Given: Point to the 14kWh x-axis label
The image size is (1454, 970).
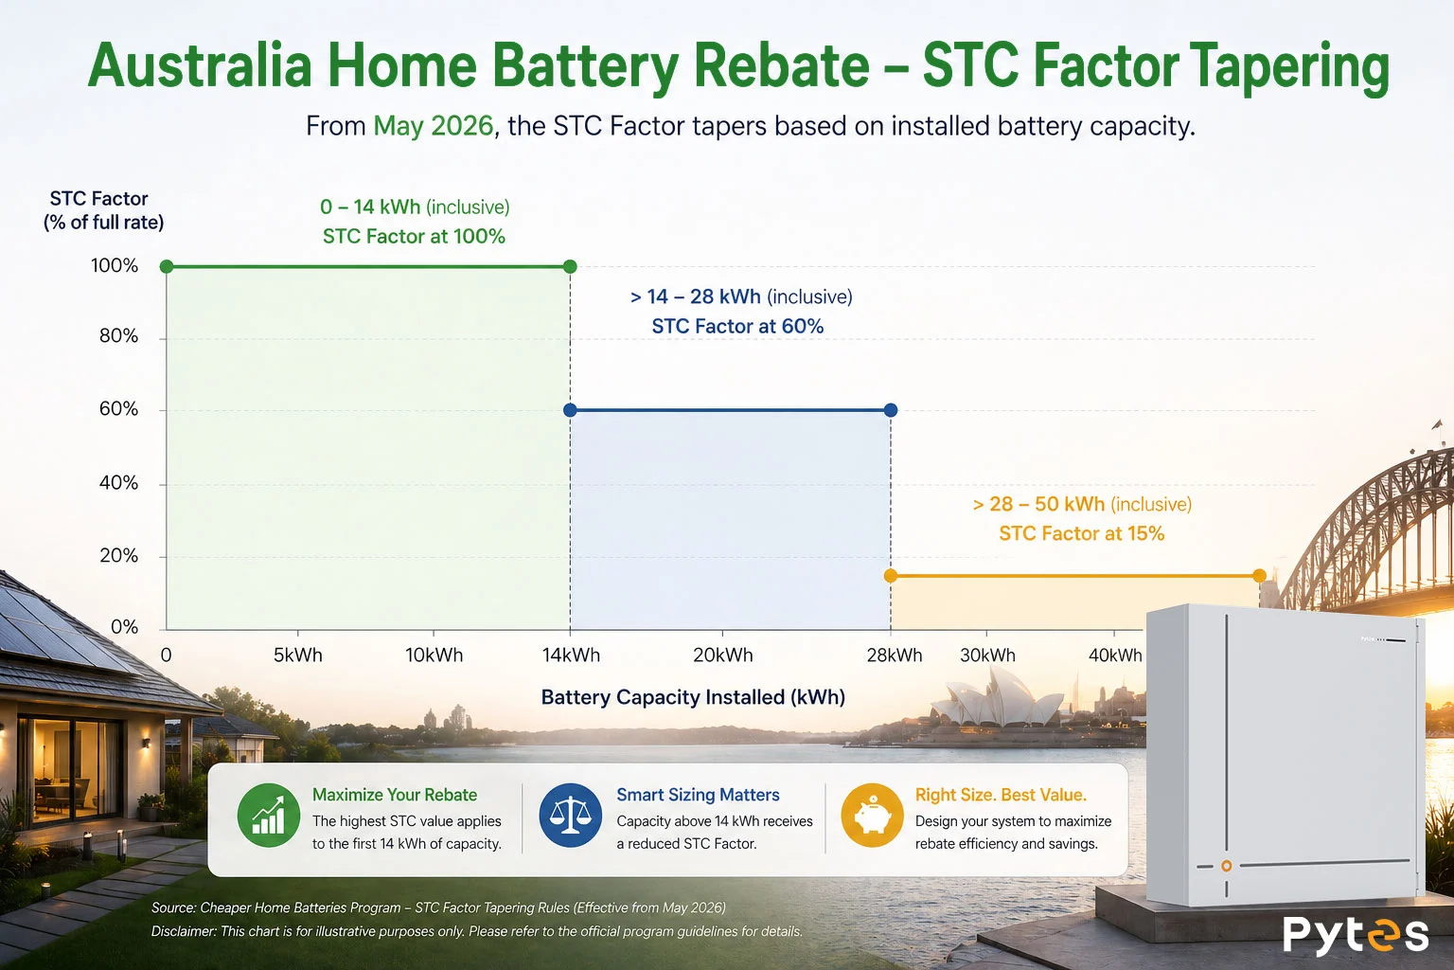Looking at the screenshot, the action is pos(571,655).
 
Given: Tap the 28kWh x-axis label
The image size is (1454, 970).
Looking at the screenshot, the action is pos(895,655).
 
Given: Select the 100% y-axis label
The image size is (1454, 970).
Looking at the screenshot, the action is pos(115,266).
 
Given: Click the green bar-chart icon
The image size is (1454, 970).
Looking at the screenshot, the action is pos(269,815).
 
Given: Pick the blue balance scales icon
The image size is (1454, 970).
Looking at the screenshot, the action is pos(571,815).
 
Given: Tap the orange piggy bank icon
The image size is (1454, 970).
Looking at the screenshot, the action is pos(873,815).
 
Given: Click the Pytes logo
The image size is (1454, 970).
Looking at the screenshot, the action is pos(1356,935).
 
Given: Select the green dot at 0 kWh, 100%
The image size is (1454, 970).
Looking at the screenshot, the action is pos(167,266).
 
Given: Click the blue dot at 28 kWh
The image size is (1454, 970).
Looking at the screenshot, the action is pos(891,410).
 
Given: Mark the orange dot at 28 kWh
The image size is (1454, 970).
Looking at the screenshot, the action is pos(891,576).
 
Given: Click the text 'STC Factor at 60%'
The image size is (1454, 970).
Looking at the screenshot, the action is pos(737,326).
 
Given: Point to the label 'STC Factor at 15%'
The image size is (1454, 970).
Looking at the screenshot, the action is pos(1081,533).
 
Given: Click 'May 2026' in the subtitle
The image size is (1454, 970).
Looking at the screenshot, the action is pos(433,126).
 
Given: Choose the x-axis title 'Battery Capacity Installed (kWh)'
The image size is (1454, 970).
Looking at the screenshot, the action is pos(693,697).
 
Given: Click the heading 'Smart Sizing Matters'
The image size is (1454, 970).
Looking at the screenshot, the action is pos(698,795).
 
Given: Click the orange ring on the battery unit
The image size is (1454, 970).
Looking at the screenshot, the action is pos(1226,866).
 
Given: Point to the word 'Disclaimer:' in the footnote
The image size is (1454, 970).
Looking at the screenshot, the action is pos(184,931).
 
